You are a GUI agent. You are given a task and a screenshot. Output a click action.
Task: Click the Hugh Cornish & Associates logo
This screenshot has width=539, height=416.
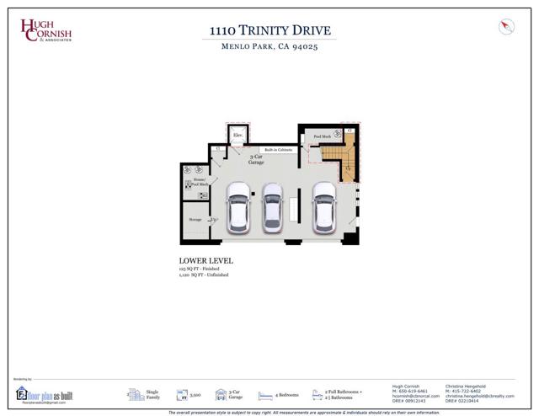47,30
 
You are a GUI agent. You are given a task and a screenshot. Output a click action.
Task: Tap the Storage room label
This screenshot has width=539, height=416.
195,219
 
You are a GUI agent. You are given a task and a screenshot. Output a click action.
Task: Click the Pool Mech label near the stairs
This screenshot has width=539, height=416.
322,136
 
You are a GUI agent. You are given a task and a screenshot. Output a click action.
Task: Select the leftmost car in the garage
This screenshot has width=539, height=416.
238,207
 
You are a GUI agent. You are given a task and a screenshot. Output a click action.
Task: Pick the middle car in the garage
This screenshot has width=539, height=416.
271,207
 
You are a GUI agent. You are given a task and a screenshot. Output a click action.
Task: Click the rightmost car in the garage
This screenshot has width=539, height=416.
323,207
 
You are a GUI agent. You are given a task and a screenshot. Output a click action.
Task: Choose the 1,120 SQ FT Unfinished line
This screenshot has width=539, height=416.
204,275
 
